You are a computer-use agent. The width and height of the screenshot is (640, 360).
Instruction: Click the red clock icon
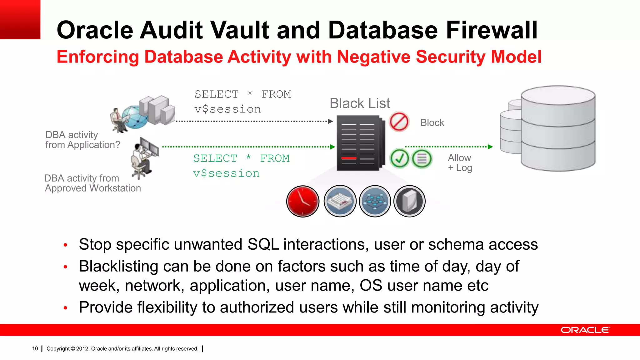point(302,201)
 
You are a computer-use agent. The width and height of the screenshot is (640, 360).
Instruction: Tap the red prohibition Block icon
point(399,122)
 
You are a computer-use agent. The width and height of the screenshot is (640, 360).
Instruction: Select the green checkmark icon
point(399,158)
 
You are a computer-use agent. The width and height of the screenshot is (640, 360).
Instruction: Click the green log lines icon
point(422,158)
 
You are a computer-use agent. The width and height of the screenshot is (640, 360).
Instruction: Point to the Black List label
point(360,103)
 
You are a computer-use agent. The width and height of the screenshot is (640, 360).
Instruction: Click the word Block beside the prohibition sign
point(432,123)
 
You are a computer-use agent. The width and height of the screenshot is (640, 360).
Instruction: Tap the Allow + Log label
point(460,163)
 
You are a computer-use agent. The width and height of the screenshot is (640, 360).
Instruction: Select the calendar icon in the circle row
point(340,201)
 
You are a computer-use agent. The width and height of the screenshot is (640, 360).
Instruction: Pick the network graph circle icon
point(375,201)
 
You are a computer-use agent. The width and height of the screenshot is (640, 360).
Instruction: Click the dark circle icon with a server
point(409,201)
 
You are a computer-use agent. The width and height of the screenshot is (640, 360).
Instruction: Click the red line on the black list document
point(349,158)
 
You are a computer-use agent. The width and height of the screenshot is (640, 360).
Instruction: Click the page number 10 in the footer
point(35,349)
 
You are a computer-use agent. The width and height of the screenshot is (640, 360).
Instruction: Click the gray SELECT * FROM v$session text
point(242,102)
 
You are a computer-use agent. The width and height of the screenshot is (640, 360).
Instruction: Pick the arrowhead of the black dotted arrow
point(330,121)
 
